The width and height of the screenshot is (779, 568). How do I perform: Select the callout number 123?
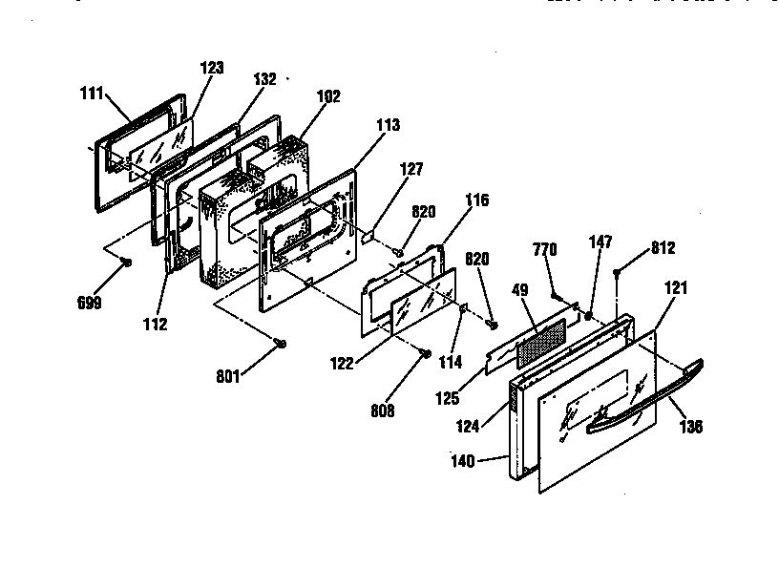point(212,67)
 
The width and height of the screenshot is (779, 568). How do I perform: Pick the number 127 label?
point(411,168)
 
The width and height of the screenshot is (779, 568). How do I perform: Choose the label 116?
point(476,200)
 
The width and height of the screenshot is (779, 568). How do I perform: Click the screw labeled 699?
point(125,263)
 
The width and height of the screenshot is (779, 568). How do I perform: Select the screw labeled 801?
point(280,343)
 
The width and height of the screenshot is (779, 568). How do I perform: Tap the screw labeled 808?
point(423,353)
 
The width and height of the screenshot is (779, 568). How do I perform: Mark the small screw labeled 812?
point(619,273)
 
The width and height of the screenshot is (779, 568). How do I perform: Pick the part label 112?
point(155,324)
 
